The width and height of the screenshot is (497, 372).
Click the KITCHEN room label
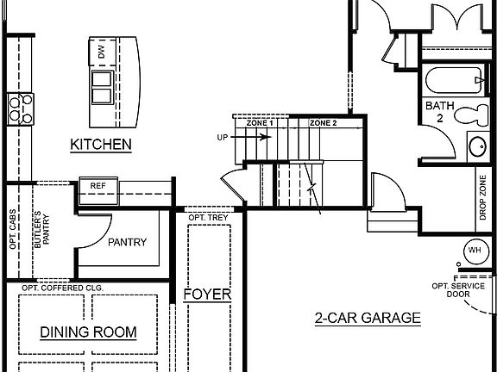pyautogui.click(x=101, y=144)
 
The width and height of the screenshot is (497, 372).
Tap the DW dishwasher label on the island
pyautogui.click(x=103, y=52)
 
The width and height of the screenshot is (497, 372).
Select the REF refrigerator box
pyautogui.click(x=98, y=186)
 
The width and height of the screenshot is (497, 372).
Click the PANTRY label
pyautogui.click(x=128, y=242)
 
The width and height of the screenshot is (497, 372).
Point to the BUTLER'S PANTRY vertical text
pyautogui.click(x=37, y=229)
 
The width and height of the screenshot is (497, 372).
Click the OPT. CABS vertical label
pyautogui.click(x=14, y=230)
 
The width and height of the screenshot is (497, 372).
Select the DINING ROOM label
pyautogui.click(x=89, y=332)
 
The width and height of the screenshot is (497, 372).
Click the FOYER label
pyautogui.click(x=207, y=294)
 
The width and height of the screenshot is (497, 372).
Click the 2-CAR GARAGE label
pyautogui.click(x=367, y=318)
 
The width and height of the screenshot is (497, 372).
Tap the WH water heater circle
pyautogui.click(x=475, y=251)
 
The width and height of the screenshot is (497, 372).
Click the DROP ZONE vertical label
pyautogui.click(x=482, y=198)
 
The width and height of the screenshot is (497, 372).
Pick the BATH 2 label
pyautogui.click(x=434, y=112)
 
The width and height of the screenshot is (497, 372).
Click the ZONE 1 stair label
pyautogui.click(x=260, y=123)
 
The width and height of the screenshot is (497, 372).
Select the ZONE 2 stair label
pyautogui.click(x=323, y=123)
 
